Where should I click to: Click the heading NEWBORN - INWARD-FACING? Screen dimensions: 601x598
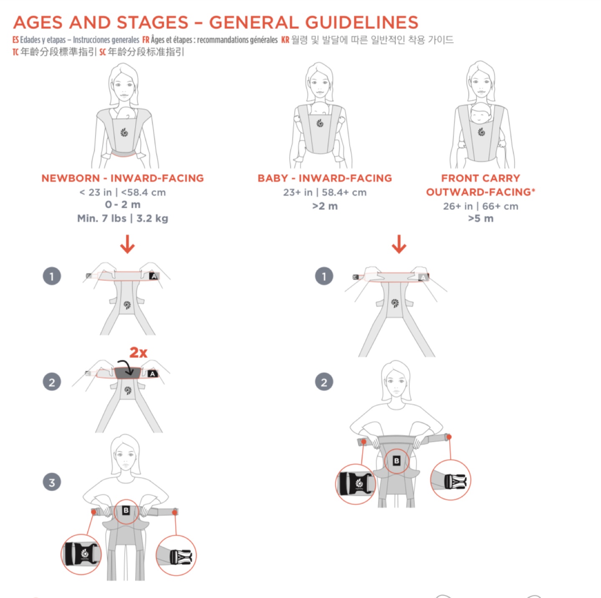tap(123, 178)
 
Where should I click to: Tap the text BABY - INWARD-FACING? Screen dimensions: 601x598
tap(325, 178)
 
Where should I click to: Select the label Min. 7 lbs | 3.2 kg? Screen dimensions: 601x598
tap(123, 219)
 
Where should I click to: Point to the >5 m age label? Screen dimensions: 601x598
tap(481, 219)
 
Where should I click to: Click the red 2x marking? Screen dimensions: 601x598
tap(139, 352)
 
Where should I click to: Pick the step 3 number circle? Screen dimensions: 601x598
tap(52, 482)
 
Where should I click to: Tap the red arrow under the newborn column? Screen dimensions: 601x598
tap(127, 244)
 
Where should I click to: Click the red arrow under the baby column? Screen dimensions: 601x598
tap(399, 244)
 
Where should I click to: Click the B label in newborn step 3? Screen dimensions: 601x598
tap(126, 511)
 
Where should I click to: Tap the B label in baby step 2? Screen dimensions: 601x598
tap(396, 461)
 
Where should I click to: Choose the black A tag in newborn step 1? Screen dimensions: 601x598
tap(154, 276)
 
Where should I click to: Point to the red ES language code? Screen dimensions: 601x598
tap(15, 40)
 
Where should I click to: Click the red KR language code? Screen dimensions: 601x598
tap(285, 40)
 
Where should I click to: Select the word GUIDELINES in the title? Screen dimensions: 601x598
tap(361, 23)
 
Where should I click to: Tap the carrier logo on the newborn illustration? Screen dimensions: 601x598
tap(124, 132)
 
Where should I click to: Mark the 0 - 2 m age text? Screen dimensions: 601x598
tap(123, 205)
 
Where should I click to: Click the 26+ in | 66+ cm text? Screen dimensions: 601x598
tap(481, 206)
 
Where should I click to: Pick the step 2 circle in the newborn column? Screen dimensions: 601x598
tap(52, 382)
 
